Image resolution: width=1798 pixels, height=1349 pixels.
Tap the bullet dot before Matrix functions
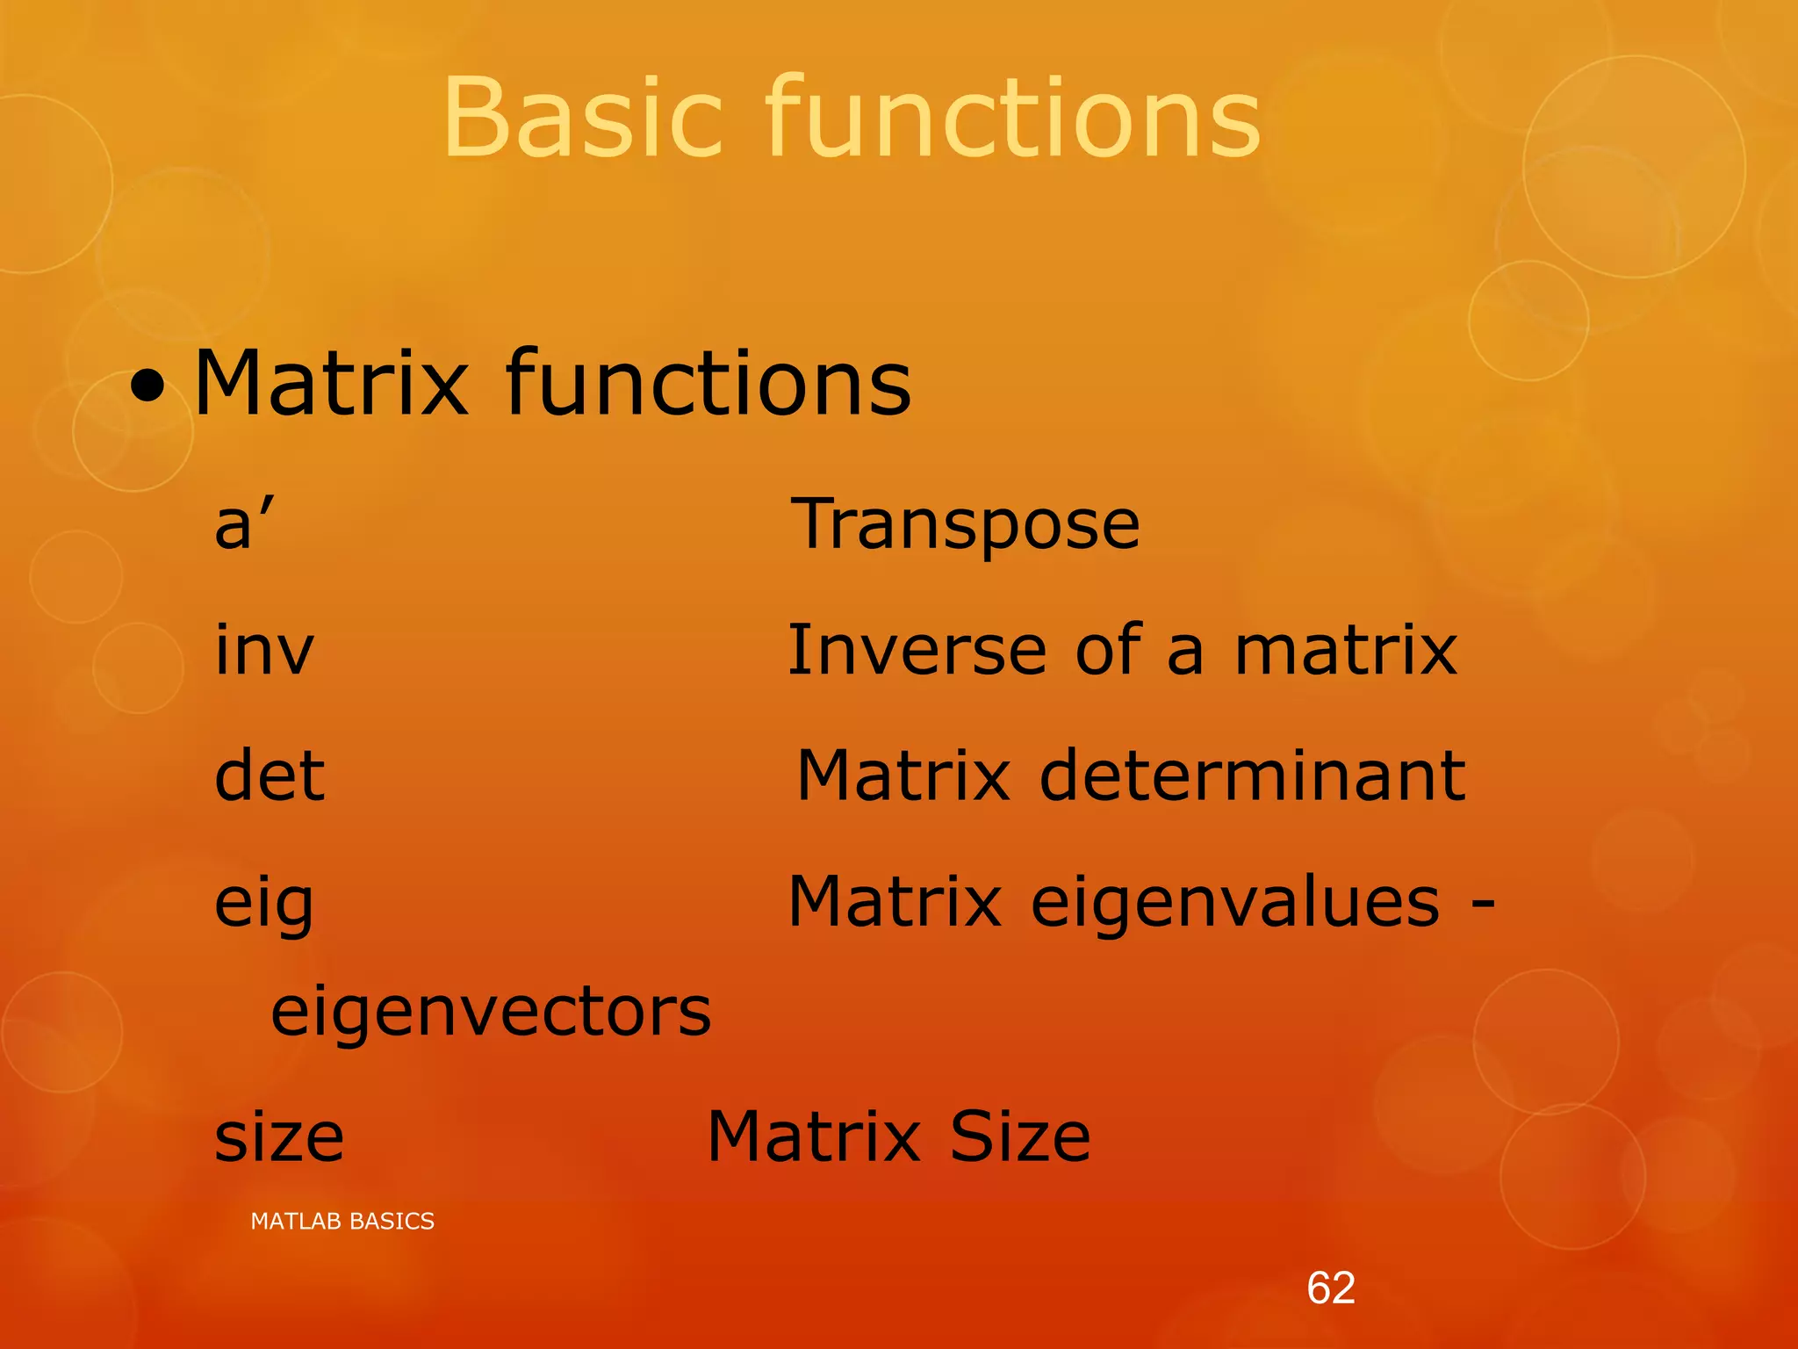147,386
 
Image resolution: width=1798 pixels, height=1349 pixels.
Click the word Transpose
966,525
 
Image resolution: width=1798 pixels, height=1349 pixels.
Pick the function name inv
263,651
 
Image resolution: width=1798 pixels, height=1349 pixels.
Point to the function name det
270,776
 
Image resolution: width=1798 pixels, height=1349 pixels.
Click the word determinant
1252,776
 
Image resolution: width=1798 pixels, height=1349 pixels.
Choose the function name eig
263,905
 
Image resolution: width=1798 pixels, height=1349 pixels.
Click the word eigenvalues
1235,905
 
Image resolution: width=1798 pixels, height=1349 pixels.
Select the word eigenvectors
491,1013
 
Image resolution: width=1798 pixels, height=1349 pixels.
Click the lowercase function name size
279,1137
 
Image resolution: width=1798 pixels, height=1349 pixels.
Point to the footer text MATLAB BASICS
342,1221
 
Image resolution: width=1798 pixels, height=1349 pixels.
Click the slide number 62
1331,1288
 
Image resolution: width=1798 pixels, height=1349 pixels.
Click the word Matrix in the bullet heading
331,384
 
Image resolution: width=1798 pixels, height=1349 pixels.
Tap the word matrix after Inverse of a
1346,651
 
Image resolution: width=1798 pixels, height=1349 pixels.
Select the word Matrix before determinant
903,776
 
